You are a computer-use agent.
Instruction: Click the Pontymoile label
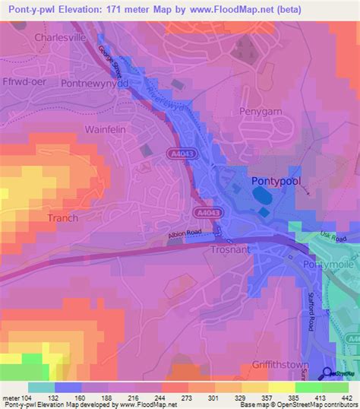pyautogui.click(x=323, y=262)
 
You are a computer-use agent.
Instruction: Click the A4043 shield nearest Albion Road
pyautogui.click(x=203, y=213)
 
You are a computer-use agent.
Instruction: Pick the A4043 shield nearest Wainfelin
pyautogui.click(x=179, y=154)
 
